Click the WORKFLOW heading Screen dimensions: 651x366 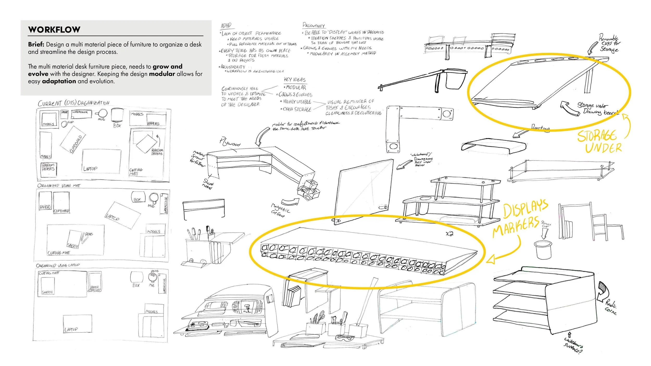click(x=54, y=29)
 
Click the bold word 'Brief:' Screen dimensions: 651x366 click(x=36, y=45)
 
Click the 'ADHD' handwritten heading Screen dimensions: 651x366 click(x=226, y=26)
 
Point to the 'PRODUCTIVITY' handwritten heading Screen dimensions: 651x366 click(x=314, y=25)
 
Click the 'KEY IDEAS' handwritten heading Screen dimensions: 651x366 click(x=295, y=80)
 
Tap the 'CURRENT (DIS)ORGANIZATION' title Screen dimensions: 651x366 click(x=74, y=103)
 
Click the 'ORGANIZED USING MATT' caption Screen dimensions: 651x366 click(x=59, y=186)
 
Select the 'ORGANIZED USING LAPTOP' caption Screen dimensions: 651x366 click(x=58, y=266)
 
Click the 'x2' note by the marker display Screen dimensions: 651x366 click(x=449, y=234)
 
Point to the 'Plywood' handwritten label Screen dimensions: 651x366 click(x=230, y=142)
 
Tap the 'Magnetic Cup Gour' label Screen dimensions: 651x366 click(x=280, y=210)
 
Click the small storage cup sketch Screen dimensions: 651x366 click(x=543, y=250)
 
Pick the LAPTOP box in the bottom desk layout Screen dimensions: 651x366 click(x=77, y=324)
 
